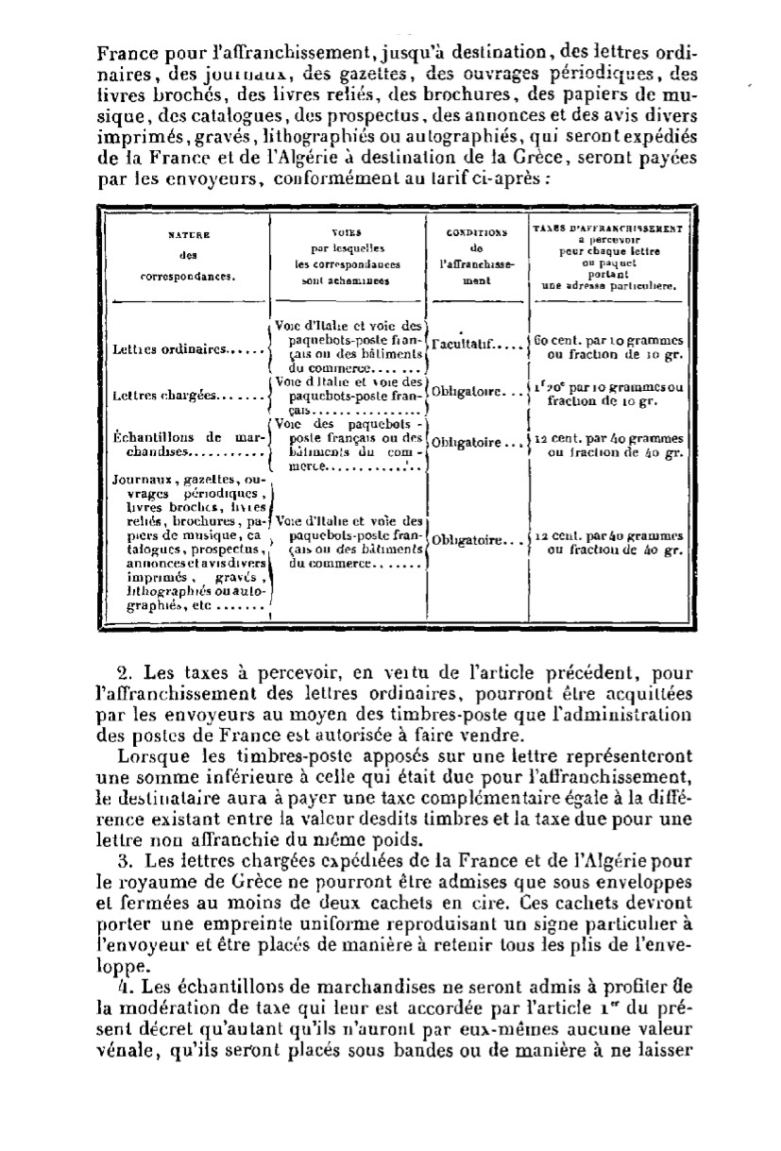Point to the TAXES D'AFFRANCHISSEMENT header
pyautogui.click(x=609, y=258)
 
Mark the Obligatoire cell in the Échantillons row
pyautogui.click(x=475, y=442)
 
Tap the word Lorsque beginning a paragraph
pyautogui.click(x=144, y=756)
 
